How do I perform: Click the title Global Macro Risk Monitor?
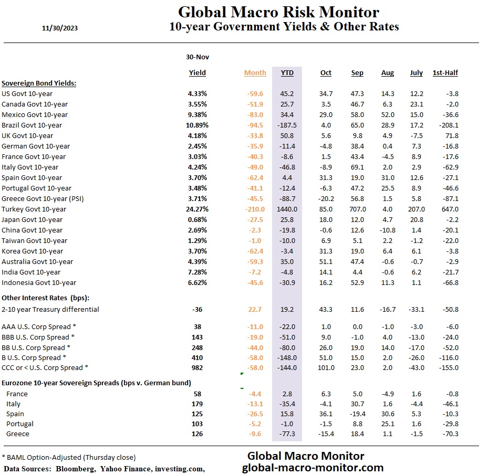[x=278, y=12]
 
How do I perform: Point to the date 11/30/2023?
[x=59, y=28]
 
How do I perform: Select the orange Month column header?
[x=255, y=73]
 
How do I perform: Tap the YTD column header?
[x=287, y=73]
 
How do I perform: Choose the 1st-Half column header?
[x=445, y=73]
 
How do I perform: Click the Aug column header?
[x=387, y=73]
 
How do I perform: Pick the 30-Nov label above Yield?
[x=197, y=57]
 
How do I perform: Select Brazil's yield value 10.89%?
[x=197, y=125]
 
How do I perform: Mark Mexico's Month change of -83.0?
[x=255, y=114]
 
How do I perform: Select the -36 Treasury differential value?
[x=197, y=309]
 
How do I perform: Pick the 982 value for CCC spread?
[x=197, y=367]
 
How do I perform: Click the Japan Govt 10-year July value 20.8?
[x=416, y=219]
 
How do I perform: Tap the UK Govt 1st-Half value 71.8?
[x=451, y=135]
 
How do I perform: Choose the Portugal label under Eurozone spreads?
[x=20, y=424]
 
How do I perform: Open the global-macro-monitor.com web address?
[x=313, y=467]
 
